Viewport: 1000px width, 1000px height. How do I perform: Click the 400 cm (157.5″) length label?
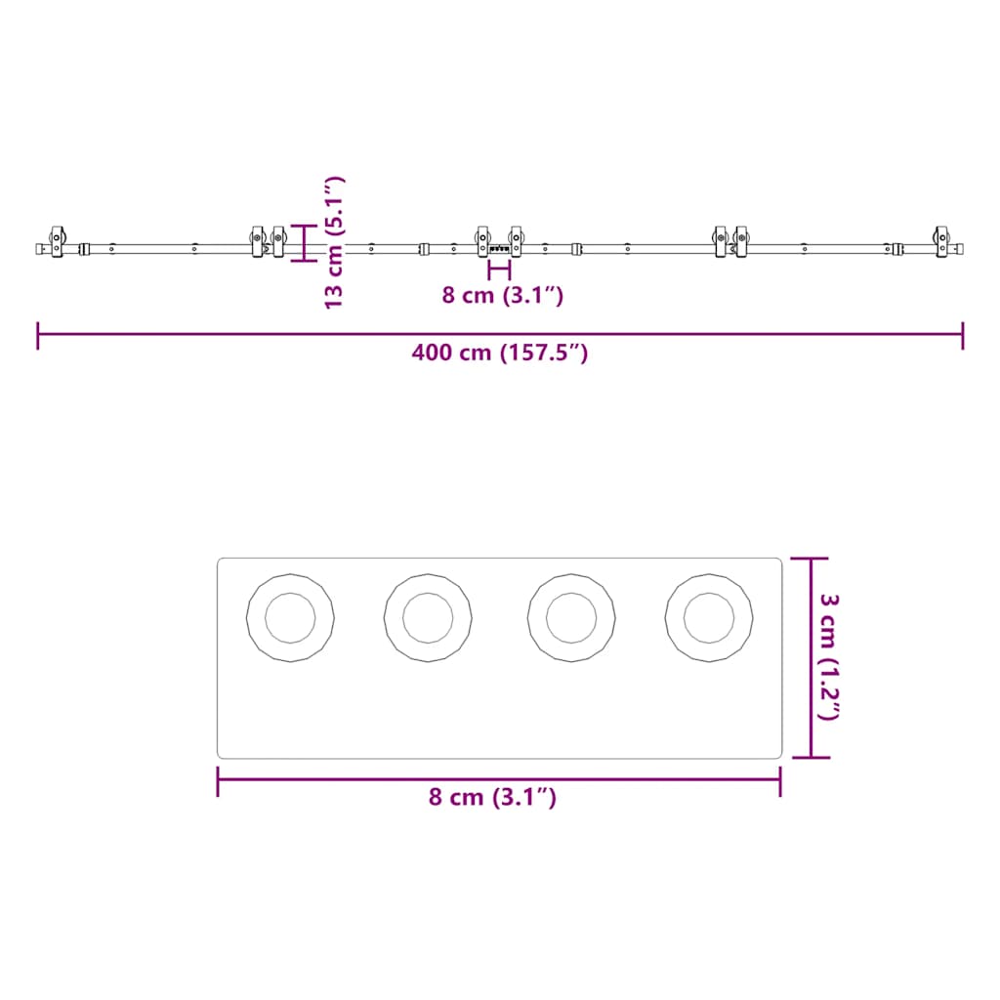(x=499, y=353)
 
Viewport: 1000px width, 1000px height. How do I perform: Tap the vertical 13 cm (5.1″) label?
(x=334, y=242)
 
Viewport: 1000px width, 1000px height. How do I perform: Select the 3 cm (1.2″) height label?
(x=829, y=657)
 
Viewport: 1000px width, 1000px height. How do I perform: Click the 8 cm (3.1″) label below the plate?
(x=492, y=797)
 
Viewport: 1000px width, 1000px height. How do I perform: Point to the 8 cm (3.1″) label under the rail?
(x=503, y=295)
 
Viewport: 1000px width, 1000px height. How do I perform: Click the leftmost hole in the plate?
(x=290, y=617)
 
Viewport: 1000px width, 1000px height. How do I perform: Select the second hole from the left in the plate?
(x=428, y=617)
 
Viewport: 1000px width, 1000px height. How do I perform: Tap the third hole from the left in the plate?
(x=571, y=617)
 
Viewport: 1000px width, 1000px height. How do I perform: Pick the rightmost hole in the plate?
(x=709, y=617)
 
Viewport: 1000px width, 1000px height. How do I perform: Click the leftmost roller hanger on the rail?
(x=58, y=242)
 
